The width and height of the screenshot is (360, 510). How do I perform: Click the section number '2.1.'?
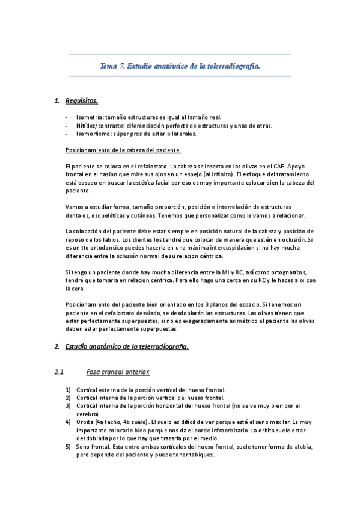point(59,372)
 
